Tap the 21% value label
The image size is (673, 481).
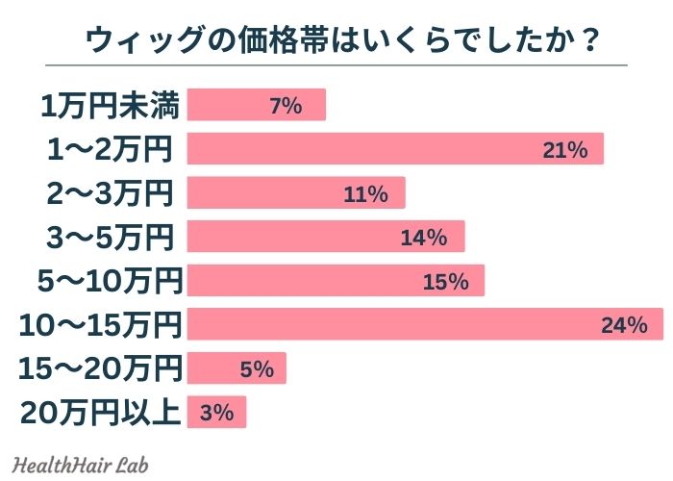(564, 149)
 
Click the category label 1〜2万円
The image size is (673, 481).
(111, 149)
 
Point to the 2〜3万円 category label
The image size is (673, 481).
(111, 192)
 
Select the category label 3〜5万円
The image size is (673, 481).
(111, 237)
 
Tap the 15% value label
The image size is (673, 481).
(444, 281)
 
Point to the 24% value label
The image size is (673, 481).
(624, 325)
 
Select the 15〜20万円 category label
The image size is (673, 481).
(100, 368)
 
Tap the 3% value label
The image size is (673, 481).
(218, 413)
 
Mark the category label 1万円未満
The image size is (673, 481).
(111, 105)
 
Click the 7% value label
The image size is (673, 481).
(286, 105)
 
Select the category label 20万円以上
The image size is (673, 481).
(100, 413)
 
